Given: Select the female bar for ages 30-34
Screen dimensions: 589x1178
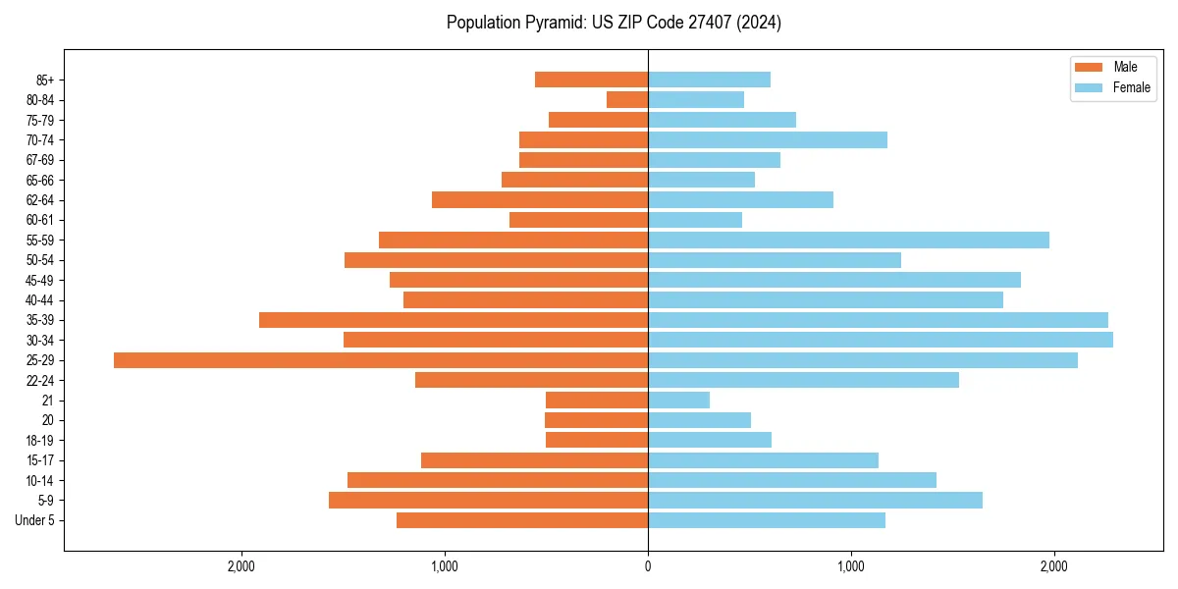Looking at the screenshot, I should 881,340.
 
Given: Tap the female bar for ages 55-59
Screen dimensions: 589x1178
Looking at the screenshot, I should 848,240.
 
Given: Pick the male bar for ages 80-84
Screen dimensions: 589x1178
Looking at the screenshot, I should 627,99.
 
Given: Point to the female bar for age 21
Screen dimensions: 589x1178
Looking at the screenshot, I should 678,400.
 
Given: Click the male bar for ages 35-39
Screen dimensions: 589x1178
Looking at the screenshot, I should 454,320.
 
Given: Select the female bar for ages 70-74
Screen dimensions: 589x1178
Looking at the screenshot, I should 768,139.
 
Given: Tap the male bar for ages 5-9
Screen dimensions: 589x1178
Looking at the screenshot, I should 488,500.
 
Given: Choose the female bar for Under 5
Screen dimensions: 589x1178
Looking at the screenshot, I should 767,520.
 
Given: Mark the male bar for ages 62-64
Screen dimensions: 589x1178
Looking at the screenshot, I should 540,199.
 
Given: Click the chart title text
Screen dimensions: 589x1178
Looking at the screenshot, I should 614,23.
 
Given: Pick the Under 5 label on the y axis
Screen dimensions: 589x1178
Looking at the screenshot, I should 34,520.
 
